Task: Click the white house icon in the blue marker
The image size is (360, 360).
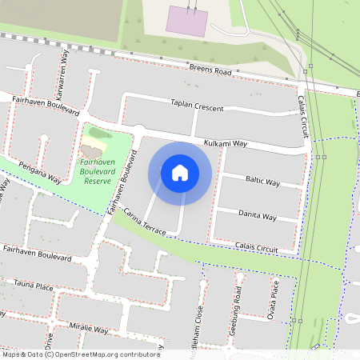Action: (180, 172)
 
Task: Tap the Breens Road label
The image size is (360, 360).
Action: (210, 71)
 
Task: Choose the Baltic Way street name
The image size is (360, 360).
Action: (262, 182)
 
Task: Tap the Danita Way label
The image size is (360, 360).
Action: (258, 216)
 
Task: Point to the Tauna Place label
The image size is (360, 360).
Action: (34, 286)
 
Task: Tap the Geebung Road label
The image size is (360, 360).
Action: (237, 307)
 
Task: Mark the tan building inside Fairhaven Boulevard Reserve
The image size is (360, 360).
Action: (91, 150)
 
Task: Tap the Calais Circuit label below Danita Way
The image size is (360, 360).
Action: (256, 249)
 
